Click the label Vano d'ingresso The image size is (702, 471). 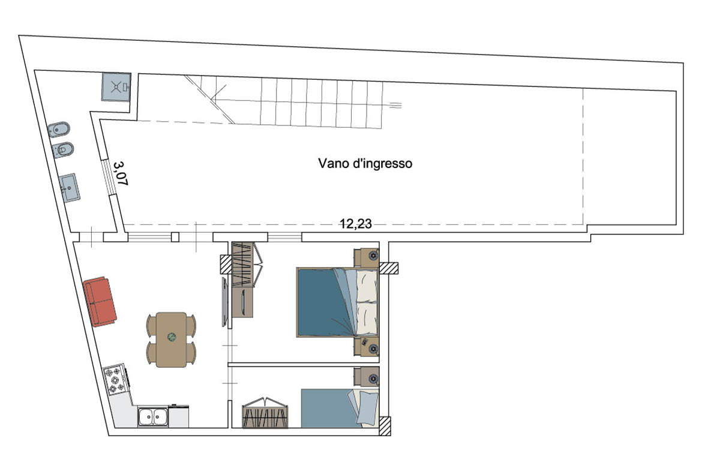pyautogui.click(x=365, y=163)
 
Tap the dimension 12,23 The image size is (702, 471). pyautogui.click(x=356, y=223)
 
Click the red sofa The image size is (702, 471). pyautogui.click(x=100, y=301)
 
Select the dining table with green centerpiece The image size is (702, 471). pyautogui.click(x=172, y=340)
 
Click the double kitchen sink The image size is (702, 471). pyautogui.click(x=152, y=416)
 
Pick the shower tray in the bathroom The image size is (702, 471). pyautogui.click(x=116, y=87)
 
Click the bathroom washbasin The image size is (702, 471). pyautogui.click(x=69, y=188)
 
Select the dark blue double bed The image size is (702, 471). pyautogui.click(x=338, y=302)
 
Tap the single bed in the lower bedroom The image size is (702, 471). pyautogui.click(x=340, y=408)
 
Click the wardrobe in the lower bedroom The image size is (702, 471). pyautogui.click(x=265, y=413)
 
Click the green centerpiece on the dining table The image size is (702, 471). pyautogui.click(x=172, y=337)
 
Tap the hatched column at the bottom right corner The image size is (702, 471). pyautogui.click(x=385, y=426)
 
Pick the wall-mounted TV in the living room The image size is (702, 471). pyautogui.click(x=225, y=302)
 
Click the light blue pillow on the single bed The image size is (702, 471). pyautogui.click(x=368, y=407)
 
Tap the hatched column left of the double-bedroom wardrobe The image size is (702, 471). pyautogui.click(x=225, y=264)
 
